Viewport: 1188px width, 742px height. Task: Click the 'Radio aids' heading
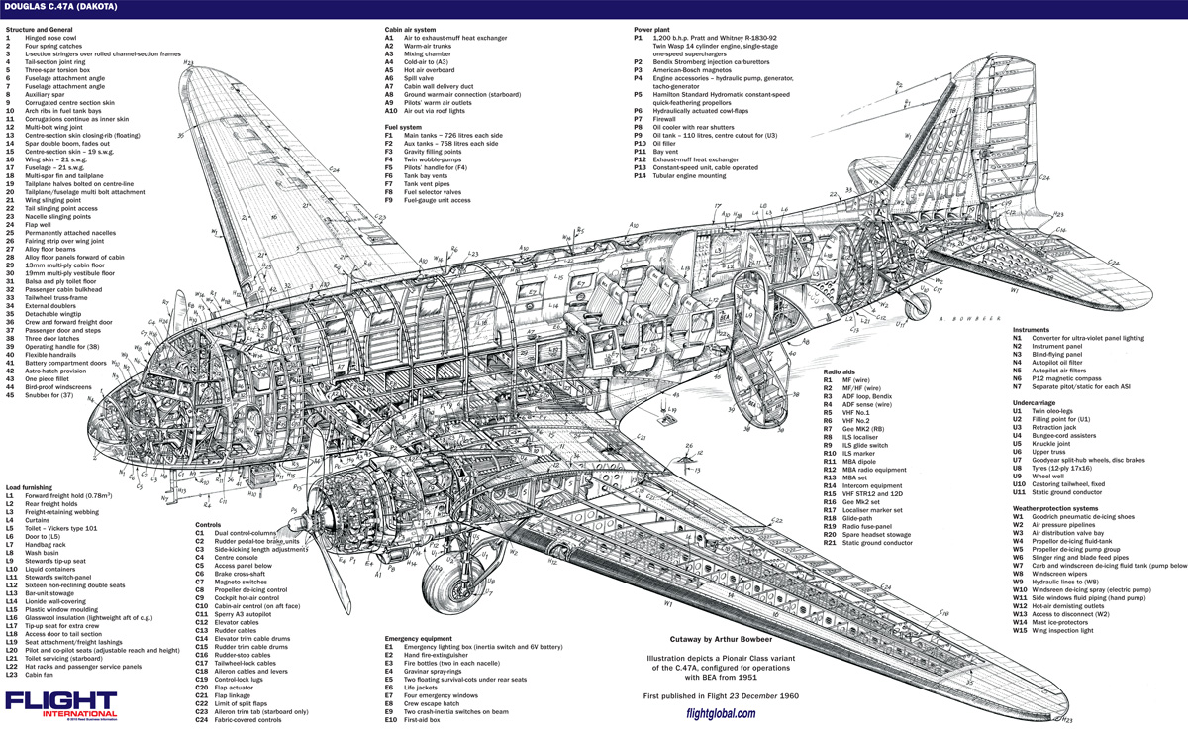[x=842, y=371]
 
